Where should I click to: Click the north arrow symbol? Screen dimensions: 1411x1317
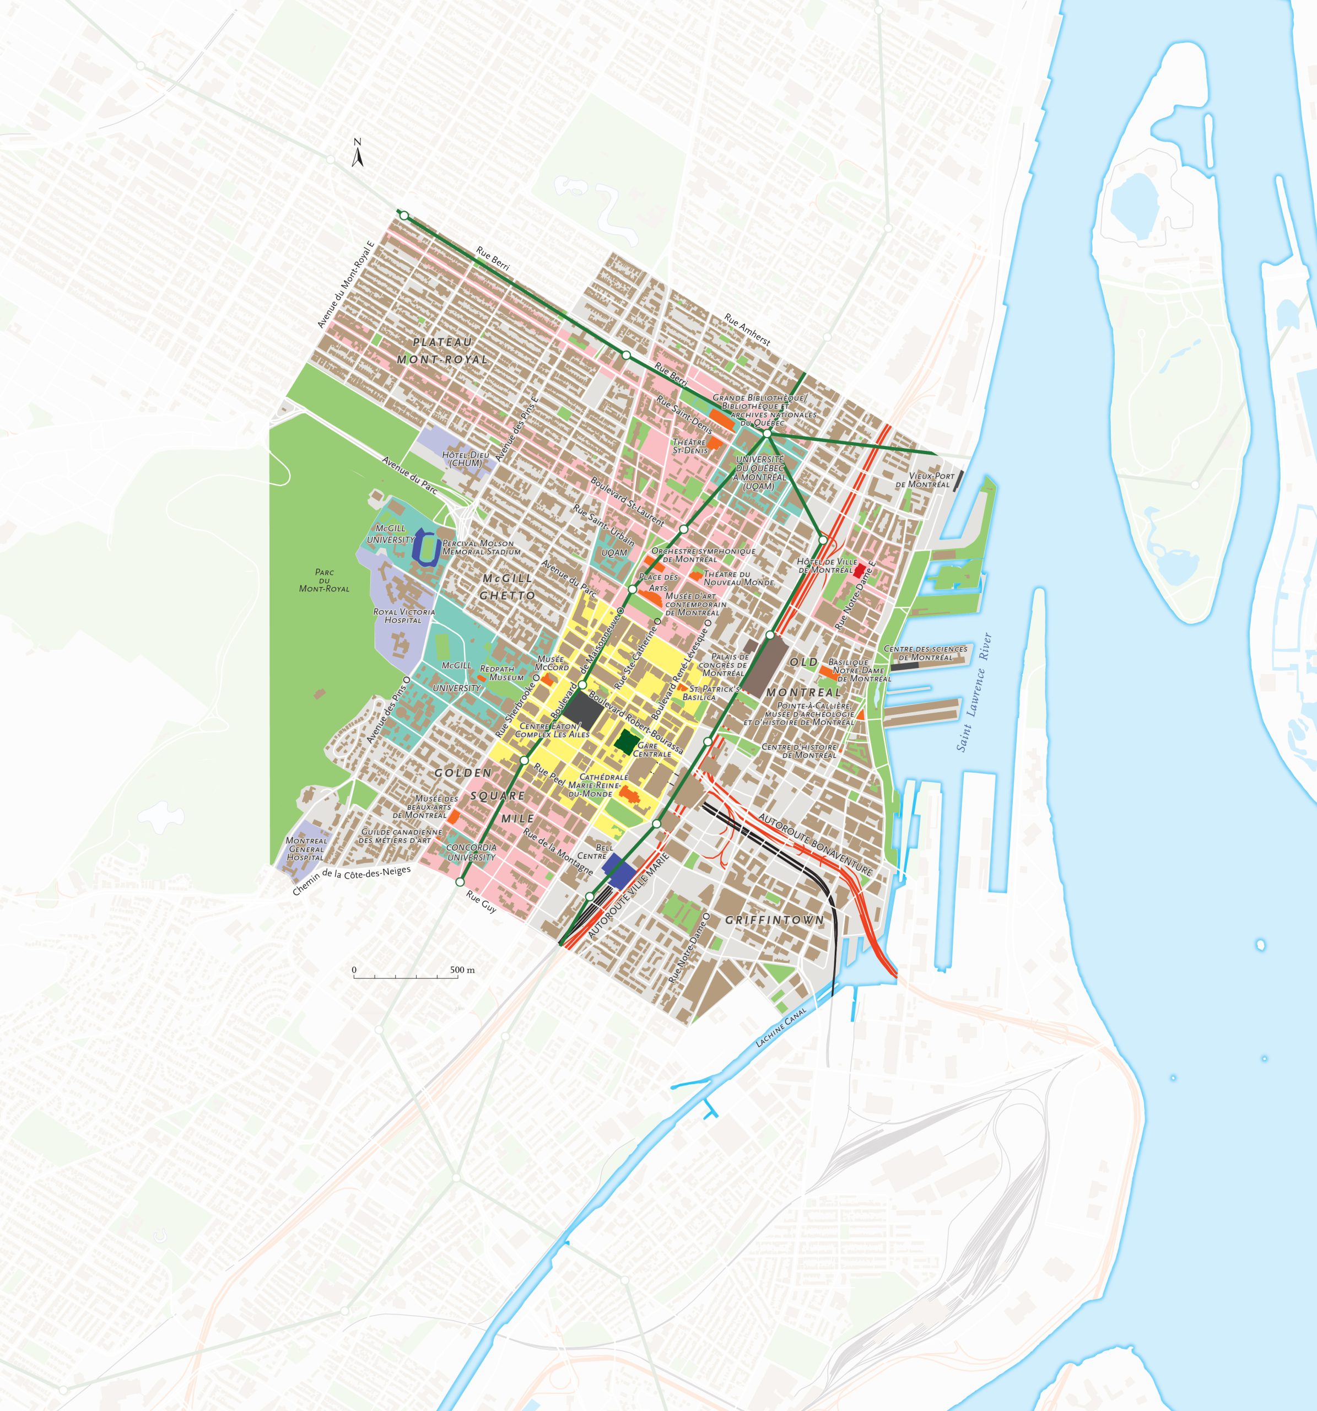click(358, 153)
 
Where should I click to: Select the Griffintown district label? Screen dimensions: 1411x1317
click(774, 920)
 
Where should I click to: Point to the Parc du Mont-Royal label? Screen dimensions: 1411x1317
click(324, 580)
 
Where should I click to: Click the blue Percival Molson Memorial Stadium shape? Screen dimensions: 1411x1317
click(427, 547)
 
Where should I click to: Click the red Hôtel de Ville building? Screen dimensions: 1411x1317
click(859, 569)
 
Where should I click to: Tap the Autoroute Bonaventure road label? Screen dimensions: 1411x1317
click(814, 844)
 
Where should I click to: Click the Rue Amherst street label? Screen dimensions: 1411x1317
click(747, 330)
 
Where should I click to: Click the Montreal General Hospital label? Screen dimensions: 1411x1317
click(306, 849)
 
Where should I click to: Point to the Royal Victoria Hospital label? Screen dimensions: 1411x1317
click(404, 615)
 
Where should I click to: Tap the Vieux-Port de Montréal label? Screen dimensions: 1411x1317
click(922, 480)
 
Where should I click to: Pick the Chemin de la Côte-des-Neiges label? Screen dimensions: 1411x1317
click(351, 880)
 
